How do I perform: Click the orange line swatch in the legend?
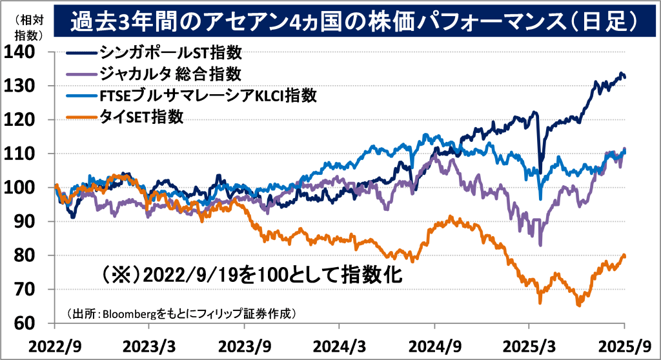80,117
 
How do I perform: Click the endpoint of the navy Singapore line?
624,77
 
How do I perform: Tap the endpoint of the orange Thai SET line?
624,256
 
